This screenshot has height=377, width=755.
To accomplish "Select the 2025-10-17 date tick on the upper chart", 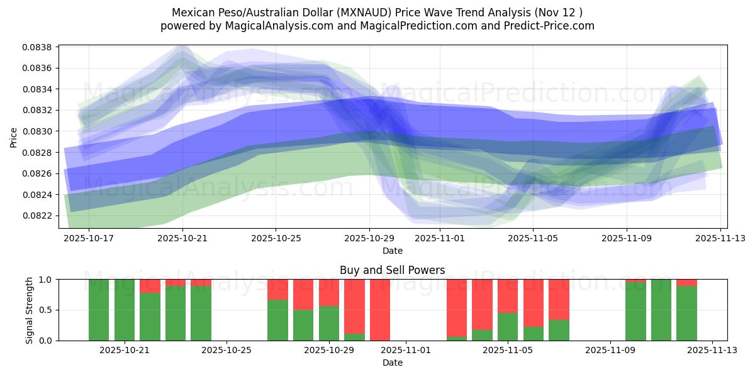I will coord(89,239).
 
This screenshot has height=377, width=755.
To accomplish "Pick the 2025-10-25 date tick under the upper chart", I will coord(276,239).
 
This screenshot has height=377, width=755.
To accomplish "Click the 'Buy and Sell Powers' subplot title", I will coord(393,270).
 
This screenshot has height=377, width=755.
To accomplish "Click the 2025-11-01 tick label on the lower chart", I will coord(406,351).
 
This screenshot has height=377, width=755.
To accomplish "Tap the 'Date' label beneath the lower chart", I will coord(393,363).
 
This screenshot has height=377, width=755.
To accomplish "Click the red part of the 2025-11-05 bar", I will coord(508,295).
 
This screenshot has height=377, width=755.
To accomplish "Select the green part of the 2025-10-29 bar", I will coord(329,324).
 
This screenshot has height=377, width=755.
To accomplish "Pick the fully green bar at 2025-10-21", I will coord(125,310).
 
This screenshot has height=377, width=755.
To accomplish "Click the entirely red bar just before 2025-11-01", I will coord(380,310).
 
